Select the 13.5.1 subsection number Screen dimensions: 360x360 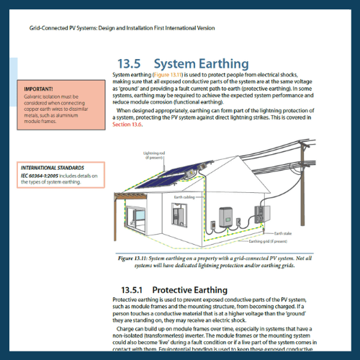pos(135,289)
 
